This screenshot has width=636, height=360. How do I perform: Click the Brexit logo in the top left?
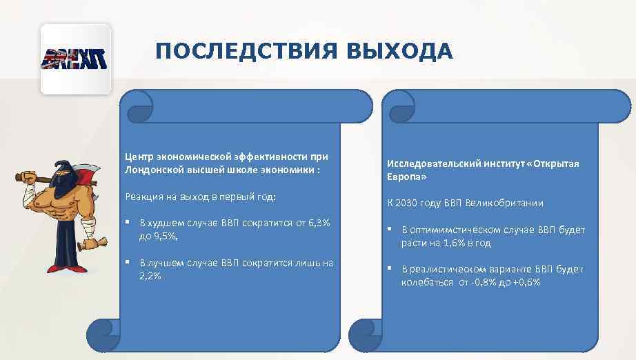click(76, 58)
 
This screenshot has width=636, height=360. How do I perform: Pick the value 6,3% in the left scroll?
click(317, 223)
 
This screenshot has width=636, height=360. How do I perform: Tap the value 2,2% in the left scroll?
click(150, 275)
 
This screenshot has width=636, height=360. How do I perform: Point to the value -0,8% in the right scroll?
click(472, 282)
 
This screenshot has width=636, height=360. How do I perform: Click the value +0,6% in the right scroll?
click(526, 282)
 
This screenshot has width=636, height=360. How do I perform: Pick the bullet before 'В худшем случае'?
click(130, 223)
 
